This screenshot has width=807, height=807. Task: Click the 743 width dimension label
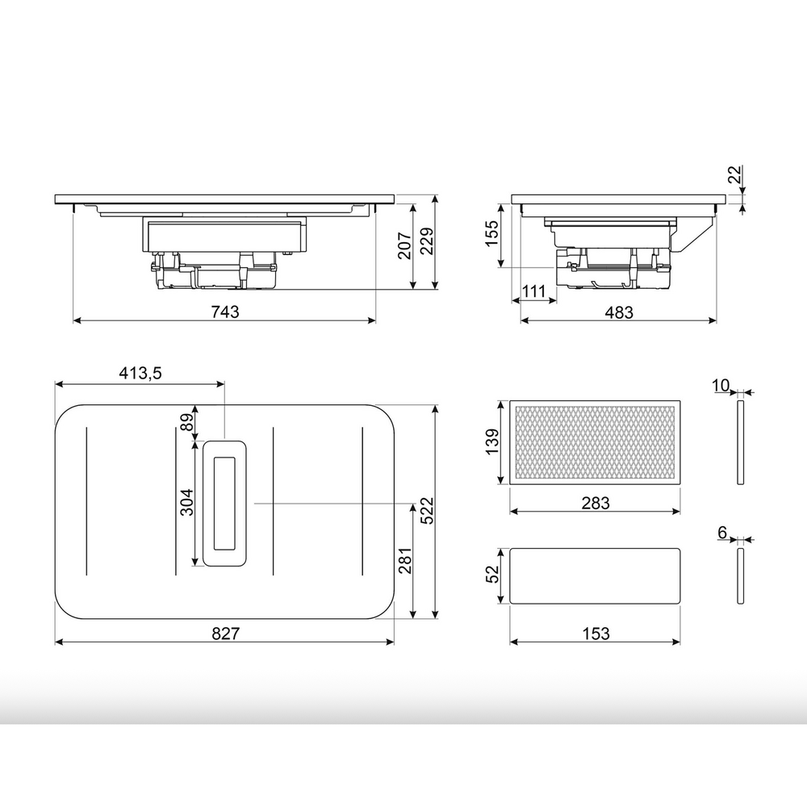[225, 312]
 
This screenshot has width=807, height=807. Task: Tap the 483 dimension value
[619, 312]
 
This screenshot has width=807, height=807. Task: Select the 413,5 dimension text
[140, 373]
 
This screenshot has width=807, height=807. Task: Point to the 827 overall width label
[225, 633]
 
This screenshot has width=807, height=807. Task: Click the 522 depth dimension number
[427, 511]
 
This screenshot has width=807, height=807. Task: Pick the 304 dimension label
[186, 502]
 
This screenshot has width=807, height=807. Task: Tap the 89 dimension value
[188, 422]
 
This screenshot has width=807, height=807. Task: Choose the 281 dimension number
[404, 560]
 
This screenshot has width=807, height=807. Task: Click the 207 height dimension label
[404, 245]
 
